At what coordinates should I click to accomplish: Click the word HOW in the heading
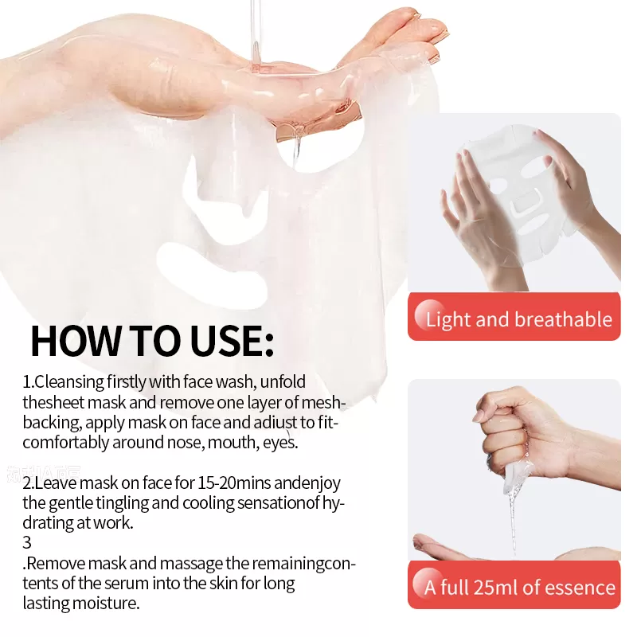pos(76,341)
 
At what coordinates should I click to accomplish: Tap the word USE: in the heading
pos(231,341)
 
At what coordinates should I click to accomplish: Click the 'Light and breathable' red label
pos(514,316)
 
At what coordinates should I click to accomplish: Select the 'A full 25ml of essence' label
pos(514,584)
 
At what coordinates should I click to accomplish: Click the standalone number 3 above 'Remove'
pos(27,542)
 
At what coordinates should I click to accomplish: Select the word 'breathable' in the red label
pos(564,319)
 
